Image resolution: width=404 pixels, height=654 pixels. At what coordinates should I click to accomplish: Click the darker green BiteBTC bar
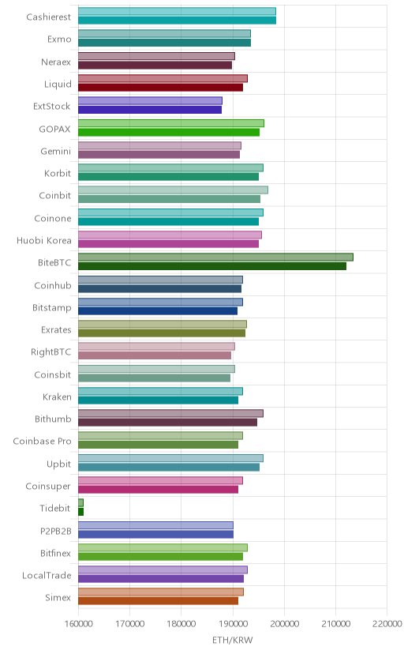[x=212, y=266]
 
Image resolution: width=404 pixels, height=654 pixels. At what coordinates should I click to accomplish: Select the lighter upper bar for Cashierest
[x=177, y=11]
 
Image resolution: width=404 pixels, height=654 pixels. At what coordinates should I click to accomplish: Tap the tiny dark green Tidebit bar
[x=80, y=512]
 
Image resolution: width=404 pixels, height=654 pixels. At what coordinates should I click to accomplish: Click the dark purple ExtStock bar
[x=150, y=110]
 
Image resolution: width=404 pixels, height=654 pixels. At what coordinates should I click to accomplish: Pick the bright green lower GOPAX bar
[x=169, y=132]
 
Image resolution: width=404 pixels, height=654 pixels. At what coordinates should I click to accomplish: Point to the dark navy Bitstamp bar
[x=158, y=310]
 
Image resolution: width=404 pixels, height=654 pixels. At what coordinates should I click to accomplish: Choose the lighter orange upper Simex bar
[x=161, y=592]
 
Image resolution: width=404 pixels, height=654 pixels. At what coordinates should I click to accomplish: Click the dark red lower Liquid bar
[x=160, y=88]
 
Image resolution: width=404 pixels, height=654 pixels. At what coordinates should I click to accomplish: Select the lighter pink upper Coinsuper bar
[x=160, y=480]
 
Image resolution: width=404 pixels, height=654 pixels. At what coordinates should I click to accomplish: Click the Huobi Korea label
[x=43, y=241]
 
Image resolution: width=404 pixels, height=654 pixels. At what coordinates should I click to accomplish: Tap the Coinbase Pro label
[x=42, y=442]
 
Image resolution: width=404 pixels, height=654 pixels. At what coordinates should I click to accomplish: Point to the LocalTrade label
[x=47, y=576]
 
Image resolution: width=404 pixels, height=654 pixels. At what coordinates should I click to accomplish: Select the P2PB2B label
[x=56, y=532]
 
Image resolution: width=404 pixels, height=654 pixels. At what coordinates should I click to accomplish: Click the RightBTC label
[x=50, y=352]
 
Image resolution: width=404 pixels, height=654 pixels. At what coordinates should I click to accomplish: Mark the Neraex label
[x=56, y=62]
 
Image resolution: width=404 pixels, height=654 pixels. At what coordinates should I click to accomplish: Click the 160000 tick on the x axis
[x=78, y=624]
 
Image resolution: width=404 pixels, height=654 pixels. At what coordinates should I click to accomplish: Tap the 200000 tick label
[x=284, y=624]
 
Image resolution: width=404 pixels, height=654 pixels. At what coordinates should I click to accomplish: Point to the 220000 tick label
[x=387, y=624]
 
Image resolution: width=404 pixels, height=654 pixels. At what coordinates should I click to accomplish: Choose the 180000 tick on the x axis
[x=181, y=624]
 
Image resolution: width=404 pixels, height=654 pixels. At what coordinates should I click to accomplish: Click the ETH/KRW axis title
[x=233, y=641]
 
